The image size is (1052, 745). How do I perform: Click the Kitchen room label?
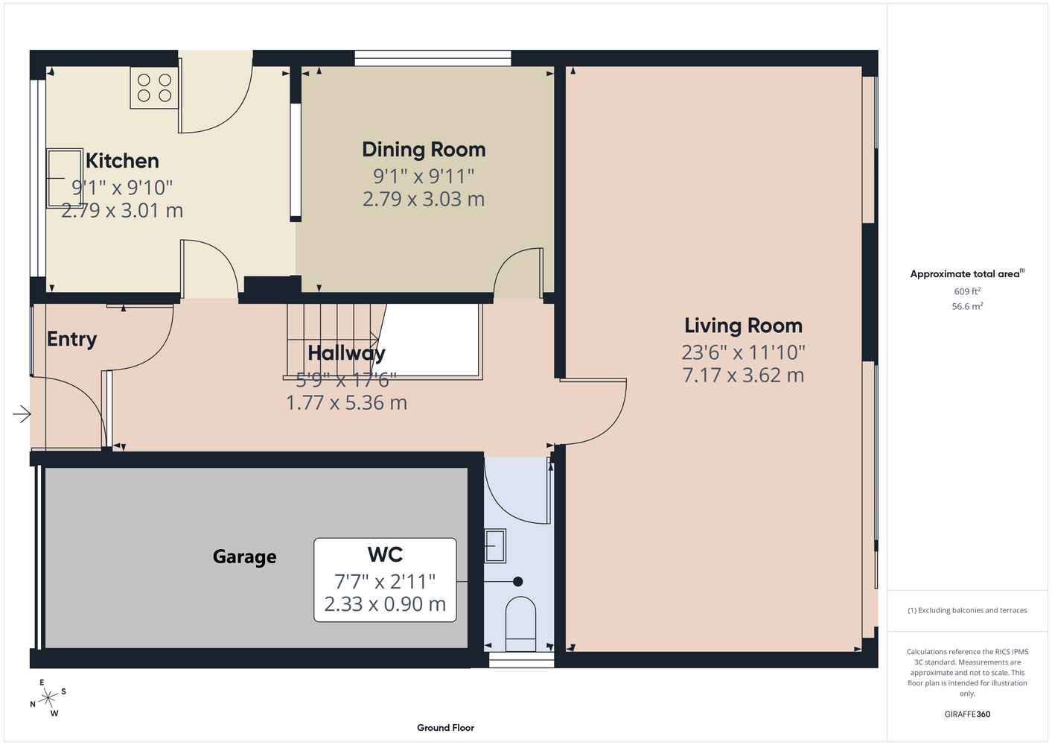122,161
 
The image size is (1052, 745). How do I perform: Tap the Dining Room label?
424,150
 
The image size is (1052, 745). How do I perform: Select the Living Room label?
743,326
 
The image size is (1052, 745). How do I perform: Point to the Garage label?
244,557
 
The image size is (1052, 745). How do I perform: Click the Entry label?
72,340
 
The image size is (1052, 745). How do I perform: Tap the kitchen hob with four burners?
154,88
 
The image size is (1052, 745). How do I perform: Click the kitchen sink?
64,178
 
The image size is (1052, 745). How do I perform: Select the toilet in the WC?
520,624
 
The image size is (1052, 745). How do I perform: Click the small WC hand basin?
495,545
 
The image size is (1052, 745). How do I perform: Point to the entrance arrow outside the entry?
22,414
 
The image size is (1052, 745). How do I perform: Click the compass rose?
48,698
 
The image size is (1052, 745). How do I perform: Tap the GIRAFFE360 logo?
967,714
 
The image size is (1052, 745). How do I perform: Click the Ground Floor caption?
445,728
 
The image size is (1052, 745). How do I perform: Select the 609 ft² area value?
967,291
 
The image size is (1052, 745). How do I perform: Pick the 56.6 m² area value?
967,306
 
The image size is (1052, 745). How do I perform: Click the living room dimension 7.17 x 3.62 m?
743,375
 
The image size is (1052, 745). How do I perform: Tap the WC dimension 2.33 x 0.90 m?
385,604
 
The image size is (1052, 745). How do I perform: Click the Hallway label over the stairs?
347,353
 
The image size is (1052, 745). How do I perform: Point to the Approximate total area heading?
967,273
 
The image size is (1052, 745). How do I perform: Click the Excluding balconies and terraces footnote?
967,610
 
